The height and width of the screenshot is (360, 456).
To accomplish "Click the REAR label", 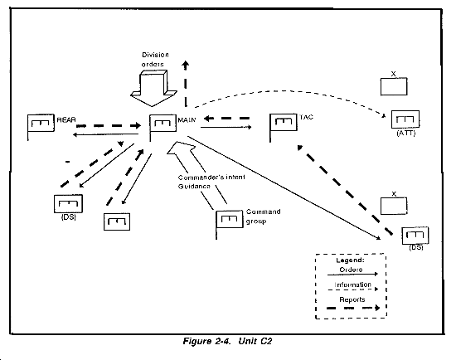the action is [x=66, y=120].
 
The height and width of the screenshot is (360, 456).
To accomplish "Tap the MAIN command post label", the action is [x=187, y=119].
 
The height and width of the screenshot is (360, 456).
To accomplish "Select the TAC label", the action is [x=307, y=117].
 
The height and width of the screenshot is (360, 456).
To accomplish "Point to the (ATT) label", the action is [x=406, y=134].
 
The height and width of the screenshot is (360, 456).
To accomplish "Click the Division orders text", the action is [x=155, y=60].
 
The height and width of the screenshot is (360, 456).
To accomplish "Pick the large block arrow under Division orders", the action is [x=153, y=88].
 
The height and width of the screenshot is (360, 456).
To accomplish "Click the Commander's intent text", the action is [x=211, y=177].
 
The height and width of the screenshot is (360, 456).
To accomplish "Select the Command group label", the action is [x=263, y=216].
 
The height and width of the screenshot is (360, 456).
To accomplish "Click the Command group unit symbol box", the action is [x=230, y=219].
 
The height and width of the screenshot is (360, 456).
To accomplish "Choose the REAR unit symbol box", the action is [x=41, y=123].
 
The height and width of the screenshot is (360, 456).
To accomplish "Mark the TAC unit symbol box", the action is [x=284, y=122].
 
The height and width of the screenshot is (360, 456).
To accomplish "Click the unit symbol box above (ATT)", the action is [x=405, y=119].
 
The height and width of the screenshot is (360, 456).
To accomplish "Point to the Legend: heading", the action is [x=350, y=260].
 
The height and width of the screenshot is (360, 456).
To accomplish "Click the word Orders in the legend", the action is [x=351, y=270].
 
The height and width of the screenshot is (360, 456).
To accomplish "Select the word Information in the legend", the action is [x=352, y=285].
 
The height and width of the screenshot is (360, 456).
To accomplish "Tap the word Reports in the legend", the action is [x=352, y=299].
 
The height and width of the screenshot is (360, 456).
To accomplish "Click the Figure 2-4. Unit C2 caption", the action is [x=227, y=341].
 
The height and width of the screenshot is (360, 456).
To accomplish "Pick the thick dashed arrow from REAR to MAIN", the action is [x=109, y=126].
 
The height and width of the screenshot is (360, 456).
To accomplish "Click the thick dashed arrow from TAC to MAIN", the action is [x=226, y=118].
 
